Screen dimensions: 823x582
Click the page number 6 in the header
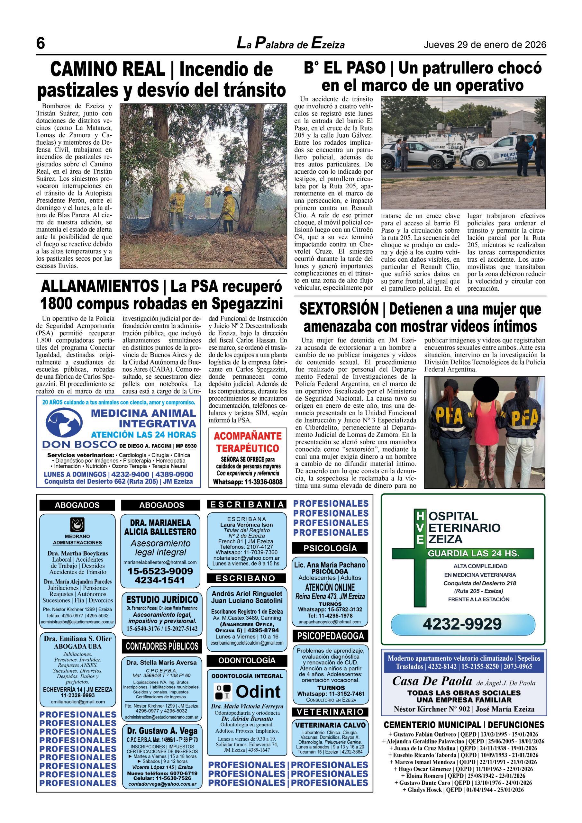click(x=41, y=43)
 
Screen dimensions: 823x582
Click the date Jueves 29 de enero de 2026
click(x=485, y=45)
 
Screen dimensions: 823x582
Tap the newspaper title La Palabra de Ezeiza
click(x=290, y=44)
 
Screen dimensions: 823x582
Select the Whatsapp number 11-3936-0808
click(x=264, y=482)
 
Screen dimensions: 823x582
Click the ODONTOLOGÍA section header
click(x=247, y=660)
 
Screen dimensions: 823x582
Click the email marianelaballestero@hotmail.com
click(x=160, y=562)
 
